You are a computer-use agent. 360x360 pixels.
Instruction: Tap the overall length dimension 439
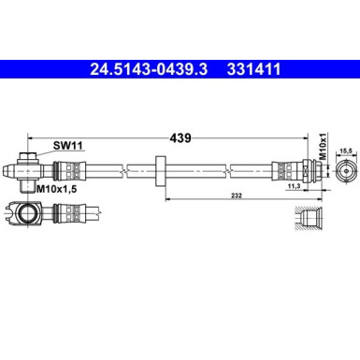click(180, 137)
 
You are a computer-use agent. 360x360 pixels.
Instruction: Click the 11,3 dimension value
click(294, 187)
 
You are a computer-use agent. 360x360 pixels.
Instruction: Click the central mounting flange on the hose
click(163, 170)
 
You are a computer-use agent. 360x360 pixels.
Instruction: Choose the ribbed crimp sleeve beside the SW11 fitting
click(69, 170)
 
